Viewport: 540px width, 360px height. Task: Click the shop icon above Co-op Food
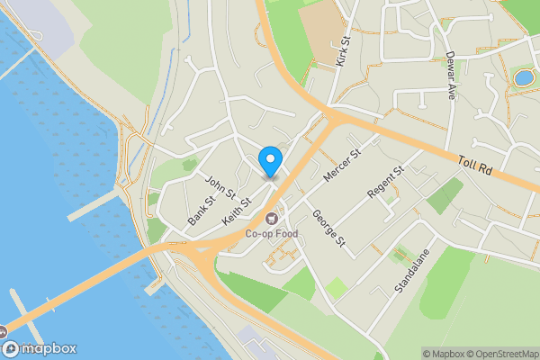tap(272, 218)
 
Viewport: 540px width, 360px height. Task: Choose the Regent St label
tap(387, 182)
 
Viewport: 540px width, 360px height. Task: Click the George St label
tap(328, 229)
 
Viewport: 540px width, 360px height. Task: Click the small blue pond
tap(523, 78)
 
